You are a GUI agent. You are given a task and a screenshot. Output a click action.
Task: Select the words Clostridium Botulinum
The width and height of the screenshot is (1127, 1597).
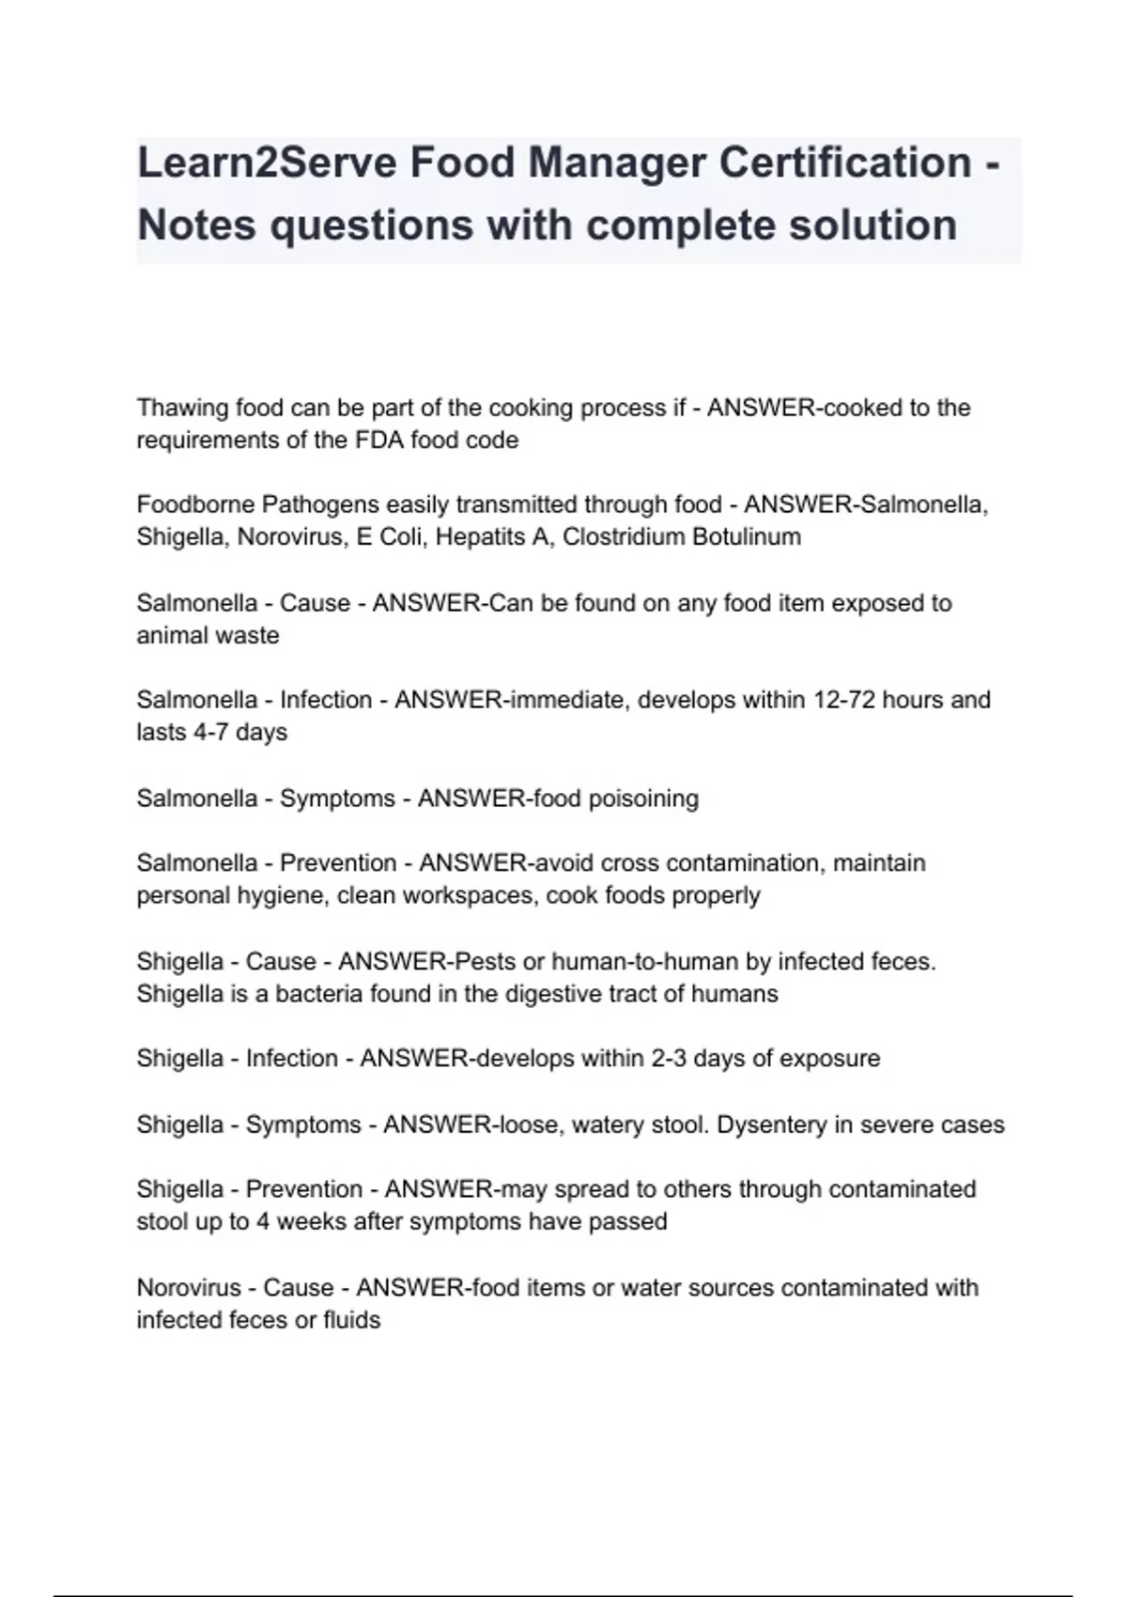click(x=682, y=537)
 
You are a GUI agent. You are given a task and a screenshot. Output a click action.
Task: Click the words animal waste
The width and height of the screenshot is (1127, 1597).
click(x=208, y=635)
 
